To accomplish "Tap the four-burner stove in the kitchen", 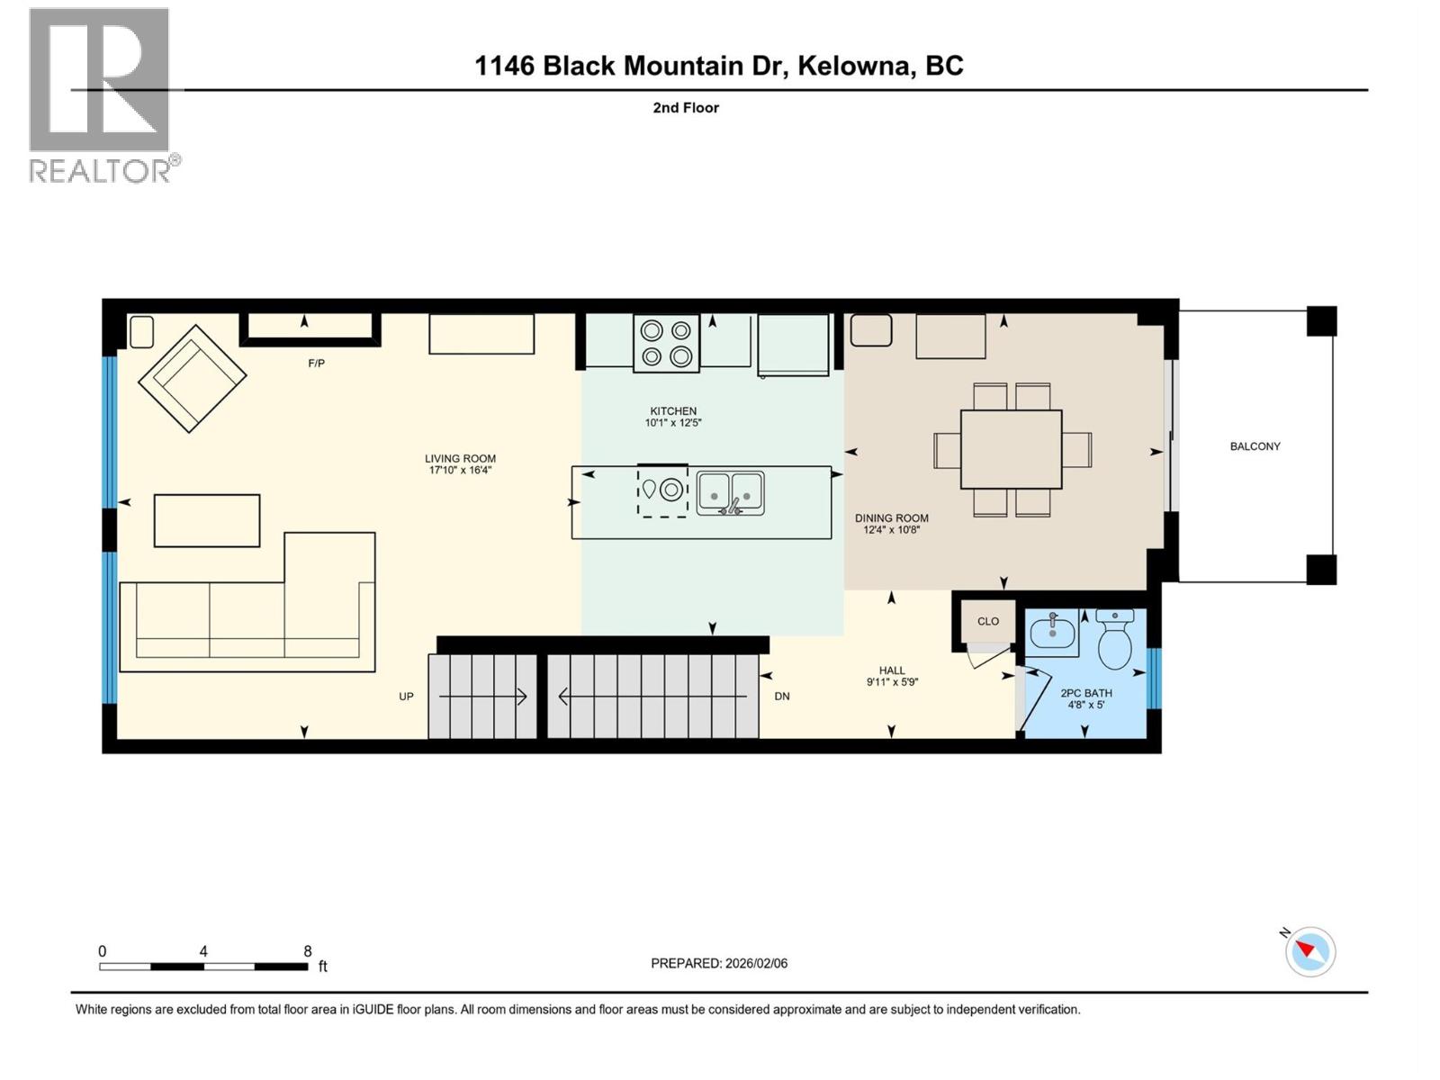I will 666,343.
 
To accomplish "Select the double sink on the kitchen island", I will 730,493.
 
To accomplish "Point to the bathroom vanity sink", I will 1052,633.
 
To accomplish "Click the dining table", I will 1011,449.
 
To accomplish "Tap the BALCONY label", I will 1255,446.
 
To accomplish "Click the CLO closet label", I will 988,621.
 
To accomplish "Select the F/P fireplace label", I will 316,364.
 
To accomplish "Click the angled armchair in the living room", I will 192,378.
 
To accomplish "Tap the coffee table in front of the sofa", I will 207,520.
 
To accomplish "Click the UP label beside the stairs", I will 406,697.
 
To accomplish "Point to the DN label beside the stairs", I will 782,697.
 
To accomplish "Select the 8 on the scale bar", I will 308,951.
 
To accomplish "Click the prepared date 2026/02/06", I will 756,963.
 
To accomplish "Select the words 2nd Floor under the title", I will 686,108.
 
